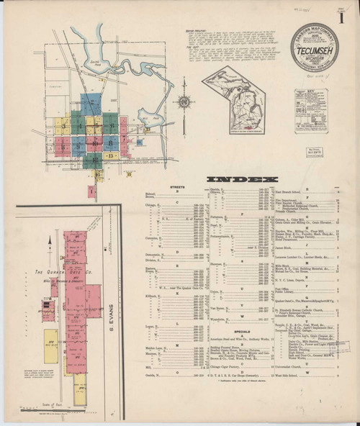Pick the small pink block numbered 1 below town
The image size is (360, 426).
point(92,191)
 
